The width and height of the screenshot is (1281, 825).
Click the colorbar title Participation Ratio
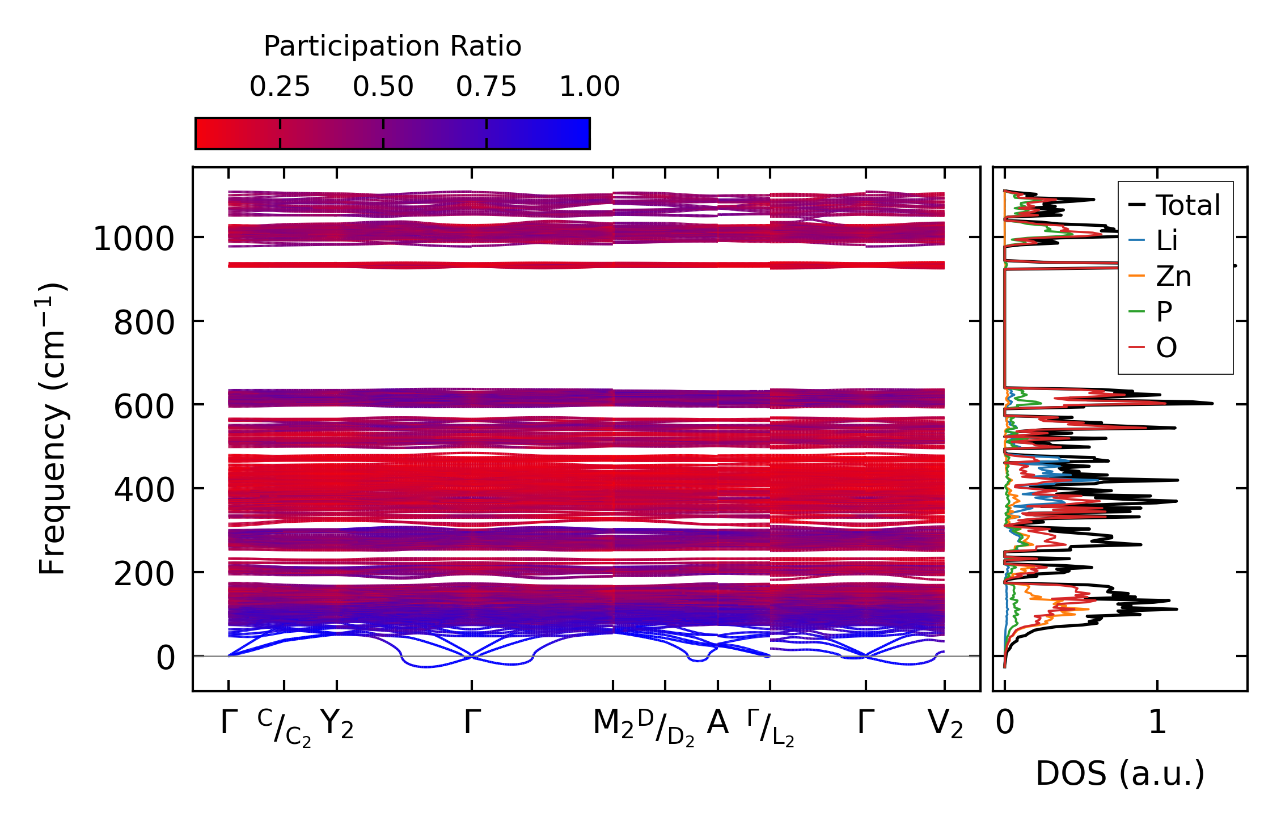click(392, 46)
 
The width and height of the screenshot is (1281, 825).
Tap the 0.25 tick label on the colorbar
click(280, 87)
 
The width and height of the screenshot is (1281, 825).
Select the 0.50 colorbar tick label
click(383, 87)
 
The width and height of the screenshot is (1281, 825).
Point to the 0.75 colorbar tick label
click(486, 87)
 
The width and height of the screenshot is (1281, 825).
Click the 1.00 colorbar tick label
click(589, 87)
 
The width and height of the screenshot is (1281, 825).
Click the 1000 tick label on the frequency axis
click(134, 239)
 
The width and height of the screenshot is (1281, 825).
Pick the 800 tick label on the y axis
click(144, 323)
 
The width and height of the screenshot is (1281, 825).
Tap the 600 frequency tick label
click(144, 407)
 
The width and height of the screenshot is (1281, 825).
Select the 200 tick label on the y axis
click(144, 574)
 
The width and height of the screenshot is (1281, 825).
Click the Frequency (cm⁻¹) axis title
click(53, 429)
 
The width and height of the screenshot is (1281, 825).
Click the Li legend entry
click(1166, 240)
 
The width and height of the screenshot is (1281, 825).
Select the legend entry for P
click(1164, 311)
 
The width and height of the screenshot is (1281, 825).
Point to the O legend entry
click(1166, 347)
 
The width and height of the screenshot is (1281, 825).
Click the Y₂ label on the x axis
click(337, 724)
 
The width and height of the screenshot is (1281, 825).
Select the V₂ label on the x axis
click(945, 724)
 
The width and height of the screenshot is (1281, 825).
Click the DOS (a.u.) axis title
click(1120, 773)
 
